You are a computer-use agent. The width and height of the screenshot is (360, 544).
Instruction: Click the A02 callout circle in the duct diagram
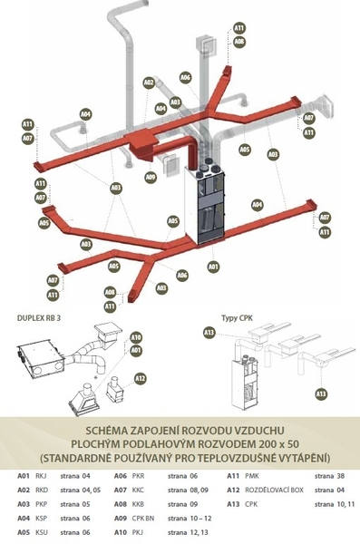149,83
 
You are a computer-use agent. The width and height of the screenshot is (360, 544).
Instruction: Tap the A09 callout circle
151,177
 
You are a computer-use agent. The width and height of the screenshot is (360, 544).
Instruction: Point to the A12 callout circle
140,378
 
